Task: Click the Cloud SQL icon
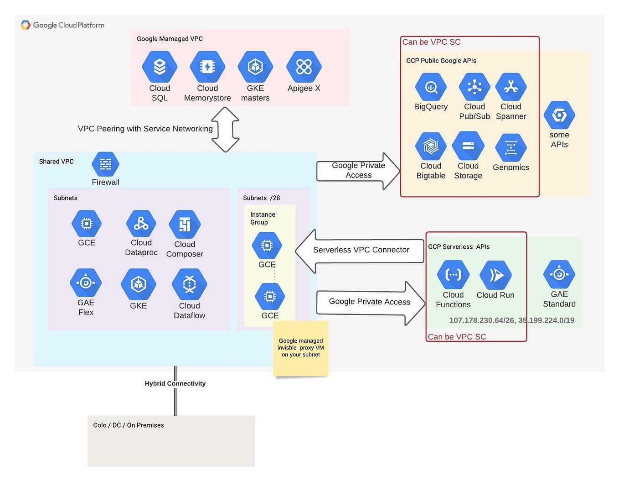click(159, 67)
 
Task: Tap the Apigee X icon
click(304, 67)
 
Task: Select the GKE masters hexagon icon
click(255, 67)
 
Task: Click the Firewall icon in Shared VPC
click(105, 164)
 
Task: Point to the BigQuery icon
click(431, 87)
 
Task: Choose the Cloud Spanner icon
click(511, 87)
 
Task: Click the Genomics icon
click(511, 147)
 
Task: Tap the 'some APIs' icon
click(559, 115)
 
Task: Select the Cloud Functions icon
click(453, 275)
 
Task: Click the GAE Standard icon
click(559, 274)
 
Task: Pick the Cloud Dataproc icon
click(141, 224)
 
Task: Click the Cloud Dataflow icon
click(189, 284)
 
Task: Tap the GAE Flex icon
click(86, 282)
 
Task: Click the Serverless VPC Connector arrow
click(360, 251)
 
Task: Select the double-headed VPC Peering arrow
click(226, 130)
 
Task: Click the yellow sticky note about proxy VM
click(301, 348)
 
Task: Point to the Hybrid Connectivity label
click(175, 383)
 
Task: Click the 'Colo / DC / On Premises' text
click(129, 425)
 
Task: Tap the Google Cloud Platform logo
click(62, 25)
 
